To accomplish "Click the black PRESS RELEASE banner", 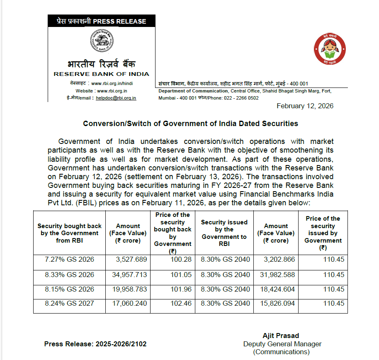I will (102, 21).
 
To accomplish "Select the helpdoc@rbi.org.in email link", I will (116, 98).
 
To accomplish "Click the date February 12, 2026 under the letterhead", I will (305, 106).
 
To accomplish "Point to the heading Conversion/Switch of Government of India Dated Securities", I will (190, 124).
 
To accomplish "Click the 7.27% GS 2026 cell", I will (69, 260).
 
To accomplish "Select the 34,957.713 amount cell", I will (129, 275).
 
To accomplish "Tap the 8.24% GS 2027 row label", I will (69, 303).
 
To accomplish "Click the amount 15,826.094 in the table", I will (276, 303).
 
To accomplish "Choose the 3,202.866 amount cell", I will (276, 260).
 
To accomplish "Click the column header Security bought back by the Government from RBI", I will (69, 233).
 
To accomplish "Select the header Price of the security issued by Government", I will (323, 233).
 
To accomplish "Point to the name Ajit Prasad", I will (281, 336).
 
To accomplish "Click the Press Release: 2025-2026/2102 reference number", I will (95, 344).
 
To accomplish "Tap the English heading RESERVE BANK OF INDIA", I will (102, 74).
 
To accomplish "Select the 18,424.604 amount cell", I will (276, 289).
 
